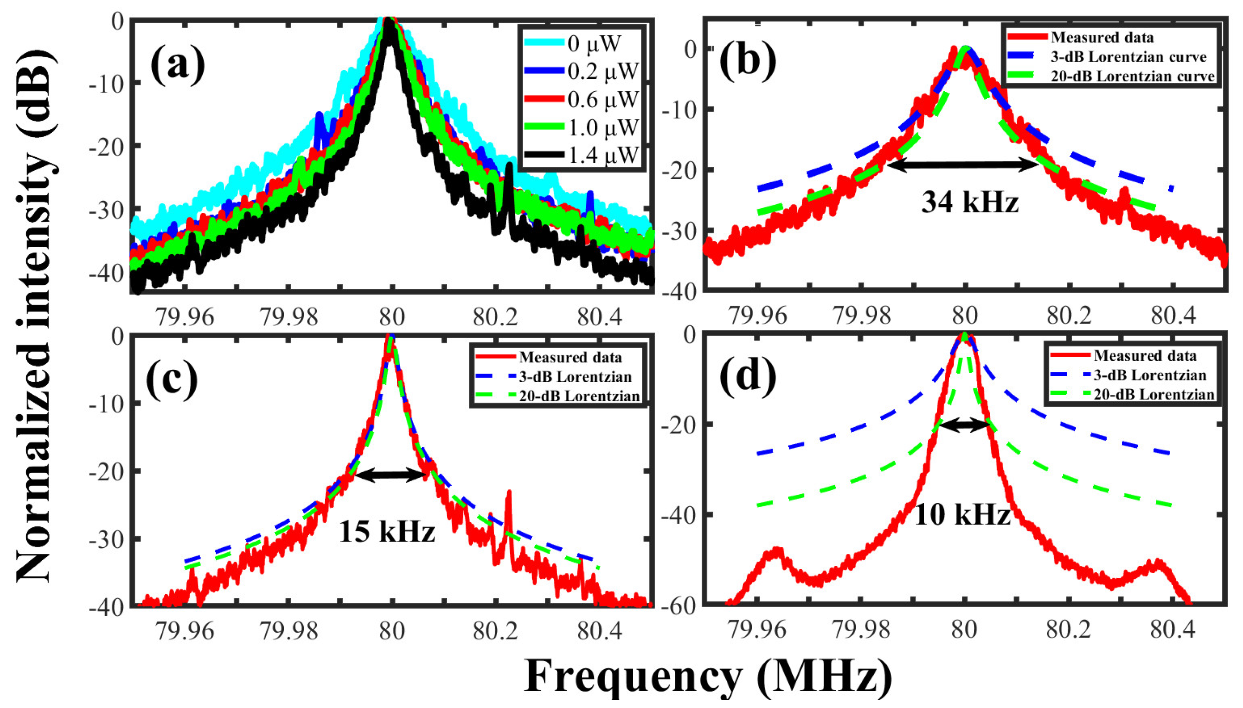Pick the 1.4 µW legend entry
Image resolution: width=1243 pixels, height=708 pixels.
point(603,155)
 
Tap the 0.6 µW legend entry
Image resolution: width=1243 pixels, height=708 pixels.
point(603,99)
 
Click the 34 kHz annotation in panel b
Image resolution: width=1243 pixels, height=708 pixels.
point(970,201)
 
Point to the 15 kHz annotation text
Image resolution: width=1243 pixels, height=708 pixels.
point(387,530)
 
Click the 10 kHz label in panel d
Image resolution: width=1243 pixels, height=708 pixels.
point(962,515)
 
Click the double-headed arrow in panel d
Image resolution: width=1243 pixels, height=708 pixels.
point(964,425)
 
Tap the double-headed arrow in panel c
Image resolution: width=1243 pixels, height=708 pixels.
point(390,474)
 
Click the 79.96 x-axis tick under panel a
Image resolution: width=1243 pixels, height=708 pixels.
point(185,318)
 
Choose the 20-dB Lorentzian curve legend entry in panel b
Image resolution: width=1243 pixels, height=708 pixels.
point(1132,76)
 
